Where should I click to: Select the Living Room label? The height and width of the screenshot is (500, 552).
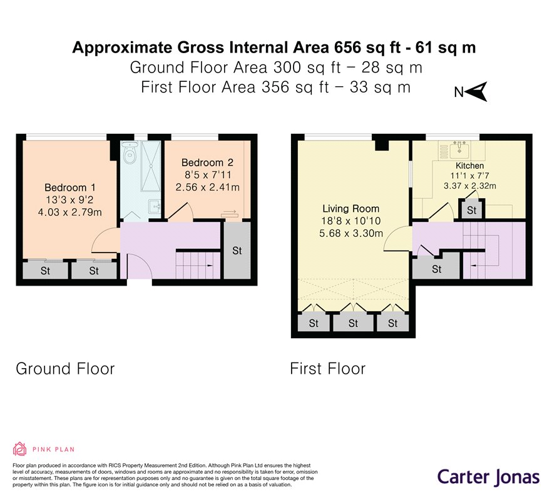click(x=350, y=209)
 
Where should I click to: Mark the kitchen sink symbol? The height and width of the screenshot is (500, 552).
click(x=460, y=148)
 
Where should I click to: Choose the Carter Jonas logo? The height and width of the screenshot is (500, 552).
click(x=488, y=476)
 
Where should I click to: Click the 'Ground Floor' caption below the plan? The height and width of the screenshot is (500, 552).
click(x=65, y=369)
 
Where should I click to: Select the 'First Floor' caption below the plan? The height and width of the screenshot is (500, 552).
click(x=327, y=369)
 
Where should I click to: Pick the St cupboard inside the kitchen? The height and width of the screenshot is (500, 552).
click(x=472, y=210)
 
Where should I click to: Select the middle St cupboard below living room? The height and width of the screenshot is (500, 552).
click(x=353, y=323)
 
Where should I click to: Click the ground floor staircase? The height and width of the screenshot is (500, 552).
click(x=198, y=264)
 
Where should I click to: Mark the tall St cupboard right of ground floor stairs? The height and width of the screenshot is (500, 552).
click(x=237, y=251)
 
